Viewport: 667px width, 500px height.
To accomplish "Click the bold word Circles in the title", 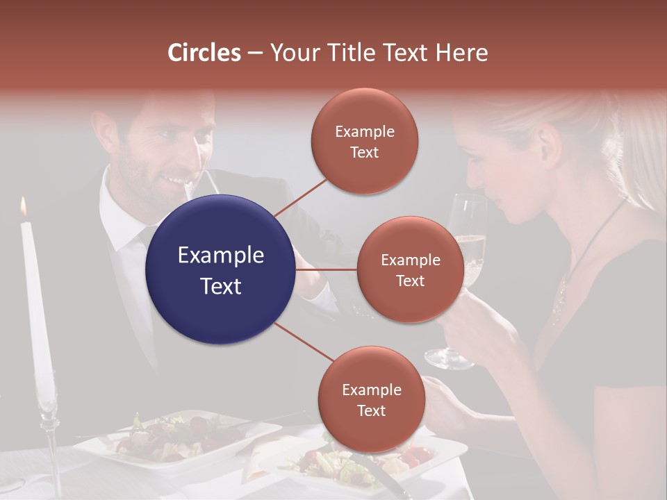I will coord(204,53).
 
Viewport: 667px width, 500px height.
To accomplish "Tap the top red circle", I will coord(365,141).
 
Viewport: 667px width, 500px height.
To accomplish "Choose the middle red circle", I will coord(410,269).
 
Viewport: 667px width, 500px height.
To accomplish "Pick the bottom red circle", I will coord(372,399).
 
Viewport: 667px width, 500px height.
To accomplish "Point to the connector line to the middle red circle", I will coord(327,269).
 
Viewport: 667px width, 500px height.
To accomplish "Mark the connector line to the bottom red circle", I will coord(304,342).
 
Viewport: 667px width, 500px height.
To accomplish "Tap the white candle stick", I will coord(35,299).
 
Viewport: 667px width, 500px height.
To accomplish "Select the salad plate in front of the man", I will coord(174,437).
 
